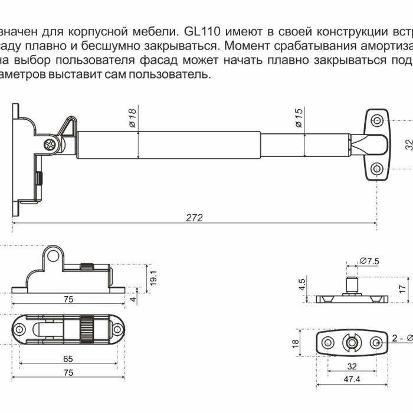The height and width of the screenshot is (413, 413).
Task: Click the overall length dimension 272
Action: (x=194, y=217)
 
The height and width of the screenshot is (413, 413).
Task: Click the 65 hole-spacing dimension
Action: (x=68, y=359)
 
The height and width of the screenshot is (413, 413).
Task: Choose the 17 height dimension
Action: (x=402, y=289)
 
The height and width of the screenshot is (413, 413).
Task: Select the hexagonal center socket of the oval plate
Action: (x=351, y=343)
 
